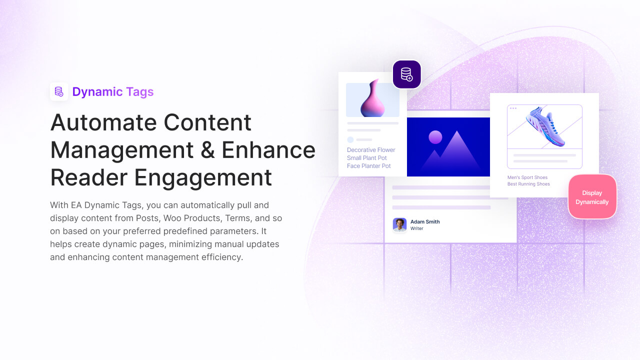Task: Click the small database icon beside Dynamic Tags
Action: (59, 91)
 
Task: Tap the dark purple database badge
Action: (406, 74)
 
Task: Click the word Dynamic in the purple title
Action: (97, 91)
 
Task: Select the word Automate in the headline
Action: (103, 122)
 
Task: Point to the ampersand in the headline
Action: (207, 150)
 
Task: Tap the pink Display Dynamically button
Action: (592, 197)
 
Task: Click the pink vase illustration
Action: (373, 98)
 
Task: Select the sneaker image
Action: (545, 126)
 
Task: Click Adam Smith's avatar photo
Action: (399, 225)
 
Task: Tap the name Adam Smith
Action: (425, 221)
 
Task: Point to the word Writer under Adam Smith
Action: (417, 228)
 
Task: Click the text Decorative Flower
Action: (371, 150)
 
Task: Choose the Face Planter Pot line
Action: (368, 166)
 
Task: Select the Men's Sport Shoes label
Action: (527, 177)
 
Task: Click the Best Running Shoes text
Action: (528, 184)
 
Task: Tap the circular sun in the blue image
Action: (435, 137)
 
